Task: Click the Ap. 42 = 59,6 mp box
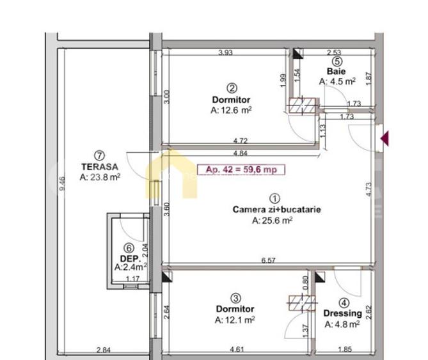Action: coord(241,169)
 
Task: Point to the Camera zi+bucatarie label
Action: coord(276,210)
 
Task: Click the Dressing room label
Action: coord(343,313)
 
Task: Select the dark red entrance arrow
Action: coord(385,137)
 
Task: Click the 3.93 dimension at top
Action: coord(225,52)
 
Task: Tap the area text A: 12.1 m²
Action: coord(235,319)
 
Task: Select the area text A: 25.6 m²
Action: coord(273,221)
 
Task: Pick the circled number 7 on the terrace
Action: coord(99,155)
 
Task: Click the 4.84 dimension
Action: coord(241,153)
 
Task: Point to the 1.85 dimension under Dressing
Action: coord(345,350)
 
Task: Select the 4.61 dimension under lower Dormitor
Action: coord(236,350)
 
